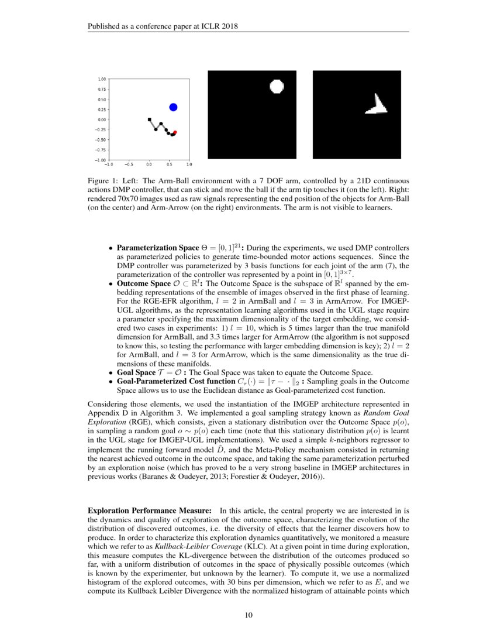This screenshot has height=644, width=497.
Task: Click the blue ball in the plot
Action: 173,107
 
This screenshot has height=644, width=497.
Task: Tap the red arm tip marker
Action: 175,132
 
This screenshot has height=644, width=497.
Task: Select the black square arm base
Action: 150,119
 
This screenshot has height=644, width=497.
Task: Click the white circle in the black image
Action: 276,87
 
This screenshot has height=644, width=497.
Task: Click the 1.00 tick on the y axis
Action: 102,78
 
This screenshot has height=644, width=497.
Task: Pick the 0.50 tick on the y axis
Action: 102,99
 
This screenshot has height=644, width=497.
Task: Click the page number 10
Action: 248,615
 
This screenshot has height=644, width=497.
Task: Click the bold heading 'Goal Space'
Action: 136,372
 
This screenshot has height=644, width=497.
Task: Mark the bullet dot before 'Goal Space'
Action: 111,372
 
